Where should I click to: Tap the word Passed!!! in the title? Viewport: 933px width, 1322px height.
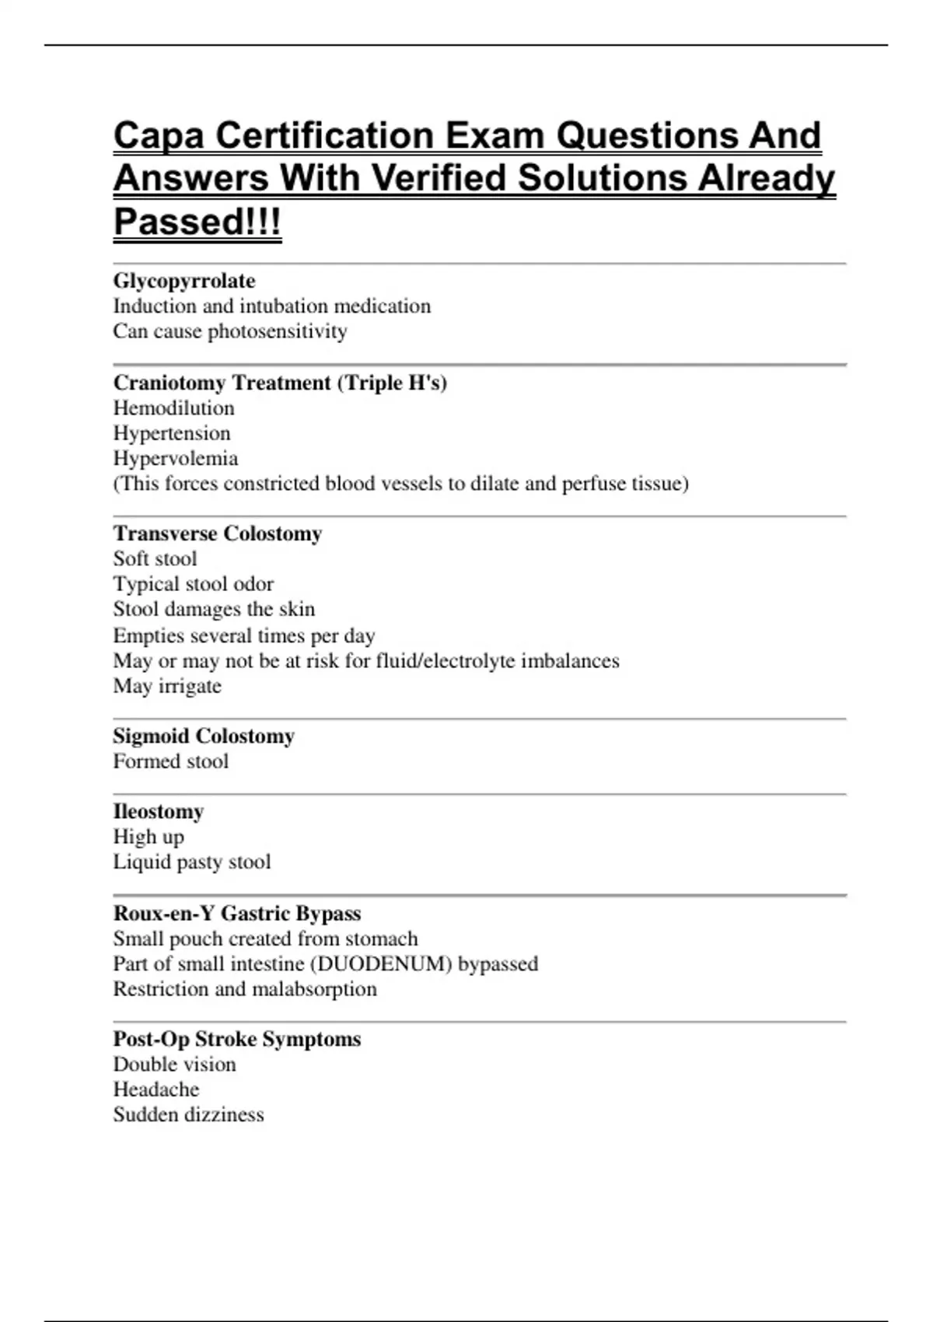click(197, 222)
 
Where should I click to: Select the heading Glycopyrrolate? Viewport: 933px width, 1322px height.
click(184, 281)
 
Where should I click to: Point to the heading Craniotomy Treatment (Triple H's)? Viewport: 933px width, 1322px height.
click(280, 383)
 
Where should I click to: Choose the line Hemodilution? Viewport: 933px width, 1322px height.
click(173, 408)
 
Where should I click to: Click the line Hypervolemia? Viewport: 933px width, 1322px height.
click(176, 458)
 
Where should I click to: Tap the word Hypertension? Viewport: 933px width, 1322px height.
click(172, 433)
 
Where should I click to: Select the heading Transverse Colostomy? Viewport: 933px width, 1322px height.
click(218, 533)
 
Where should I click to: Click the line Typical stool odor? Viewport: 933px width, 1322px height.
click(194, 584)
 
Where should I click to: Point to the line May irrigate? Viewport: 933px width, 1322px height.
click(167, 686)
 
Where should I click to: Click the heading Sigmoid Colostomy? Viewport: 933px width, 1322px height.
click(204, 736)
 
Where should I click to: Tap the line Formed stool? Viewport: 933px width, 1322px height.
click(171, 761)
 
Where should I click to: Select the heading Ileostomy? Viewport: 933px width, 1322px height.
click(159, 811)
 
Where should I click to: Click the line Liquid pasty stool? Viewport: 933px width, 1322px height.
click(192, 862)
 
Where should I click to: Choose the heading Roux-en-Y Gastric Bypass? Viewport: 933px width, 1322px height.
click(237, 913)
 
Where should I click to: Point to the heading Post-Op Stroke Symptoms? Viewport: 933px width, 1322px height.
click(237, 1039)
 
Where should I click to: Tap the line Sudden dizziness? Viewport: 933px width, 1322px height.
click(189, 1114)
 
